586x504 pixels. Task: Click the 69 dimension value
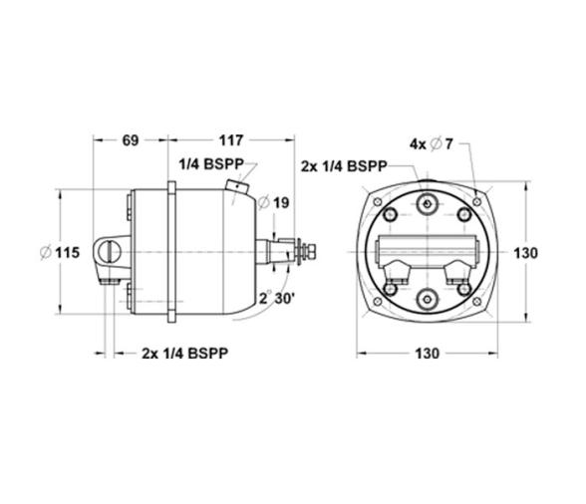[x=131, y=140]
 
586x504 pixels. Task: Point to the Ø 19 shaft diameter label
[x=273, y=203]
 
